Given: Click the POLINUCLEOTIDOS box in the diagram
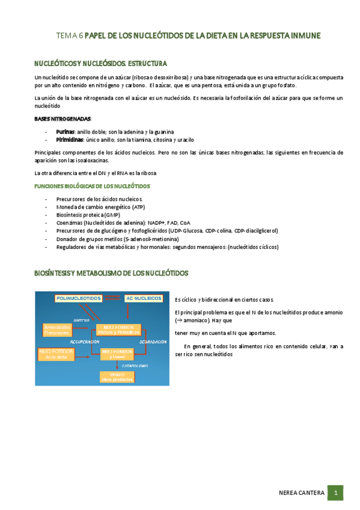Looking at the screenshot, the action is click(x=78, y=298).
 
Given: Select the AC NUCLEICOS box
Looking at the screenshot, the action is click(x=143, y=298).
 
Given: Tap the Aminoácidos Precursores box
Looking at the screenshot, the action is click(x=57, y=329).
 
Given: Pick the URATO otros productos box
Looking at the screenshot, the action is click(x=117, y=376).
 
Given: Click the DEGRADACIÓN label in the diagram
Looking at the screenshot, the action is click(x=153, y=340).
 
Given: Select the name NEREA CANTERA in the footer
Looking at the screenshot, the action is click(x=302, y=493).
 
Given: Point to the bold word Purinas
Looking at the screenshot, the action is click(x=65, y=131).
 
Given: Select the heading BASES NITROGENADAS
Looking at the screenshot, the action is click(x=63, y=118).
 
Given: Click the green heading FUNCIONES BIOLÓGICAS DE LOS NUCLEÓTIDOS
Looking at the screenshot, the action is click(x=92, y=186).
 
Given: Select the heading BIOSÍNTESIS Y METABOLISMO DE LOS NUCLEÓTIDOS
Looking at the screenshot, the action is click(x=111, y=274).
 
